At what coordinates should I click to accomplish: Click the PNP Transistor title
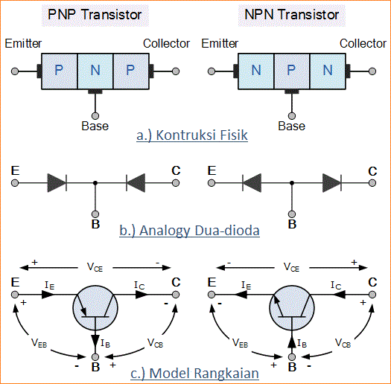click(x=95, y=14)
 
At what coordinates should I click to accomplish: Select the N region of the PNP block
click(x=95, y=71)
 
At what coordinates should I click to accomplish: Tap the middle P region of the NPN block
click(x=292, y=71)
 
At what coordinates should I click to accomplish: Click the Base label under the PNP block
click(x=95, y=126)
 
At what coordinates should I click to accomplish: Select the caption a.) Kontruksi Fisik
click(x=193, y=135)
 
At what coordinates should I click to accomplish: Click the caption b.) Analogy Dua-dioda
click(x=189, y=231)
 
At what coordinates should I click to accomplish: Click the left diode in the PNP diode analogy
click(x=57, y=182)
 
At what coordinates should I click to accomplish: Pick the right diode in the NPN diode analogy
click(x=331, y=182)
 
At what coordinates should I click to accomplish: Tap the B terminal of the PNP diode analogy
click(x=95, y=222)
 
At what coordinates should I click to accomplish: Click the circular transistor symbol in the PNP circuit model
click(x=95, y=305)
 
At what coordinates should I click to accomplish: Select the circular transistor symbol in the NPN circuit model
click(x=292, y=305)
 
